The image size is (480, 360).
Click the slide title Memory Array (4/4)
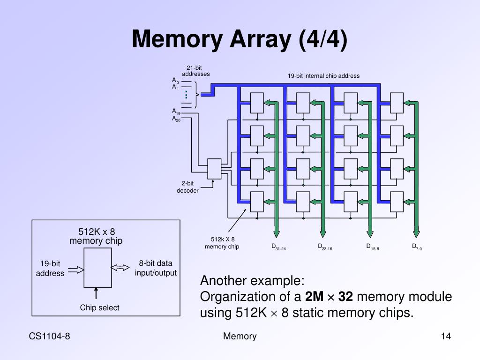pyautogui.click(x=240, y=39)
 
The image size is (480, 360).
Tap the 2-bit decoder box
pyautogui.click(x=214, y=169)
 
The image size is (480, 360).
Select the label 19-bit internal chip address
pyautogui.click(x=323, y=76)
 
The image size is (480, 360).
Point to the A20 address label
pyautogui.click(x=176, y=119)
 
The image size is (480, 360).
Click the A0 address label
pyautogui.click(x=175, y=81)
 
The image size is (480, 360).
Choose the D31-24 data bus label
pyautogui.click(x=278, y=247)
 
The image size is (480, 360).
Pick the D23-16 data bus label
pyautogui.click(x=325, y=247)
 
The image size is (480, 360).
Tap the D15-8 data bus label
pyautogui.click(x=372, y=247)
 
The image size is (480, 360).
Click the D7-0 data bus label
pyautogui.click(x=417, y=247)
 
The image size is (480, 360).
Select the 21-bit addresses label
pyautogui.click(x=196, y=71)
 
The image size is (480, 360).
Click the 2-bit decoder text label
pyautogui.click(x=187, y=187)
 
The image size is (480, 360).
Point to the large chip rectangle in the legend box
pyautogui.click(x=97, y=268)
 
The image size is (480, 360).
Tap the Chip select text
pyautogui.click(x=99, y=308)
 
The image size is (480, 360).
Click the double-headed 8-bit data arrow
pyautogui.click(x=120, y=268)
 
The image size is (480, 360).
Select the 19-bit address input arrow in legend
pyautogui.click(x=75, y=270)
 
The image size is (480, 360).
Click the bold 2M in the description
pyautogui.click(x=314, y=297)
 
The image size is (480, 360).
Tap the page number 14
pyautogui.click(x=445, y=336)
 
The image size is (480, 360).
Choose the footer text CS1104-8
pyautogui.click(x=50, y=336)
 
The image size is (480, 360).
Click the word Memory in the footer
pyautogui.click(x=240, y=336)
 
